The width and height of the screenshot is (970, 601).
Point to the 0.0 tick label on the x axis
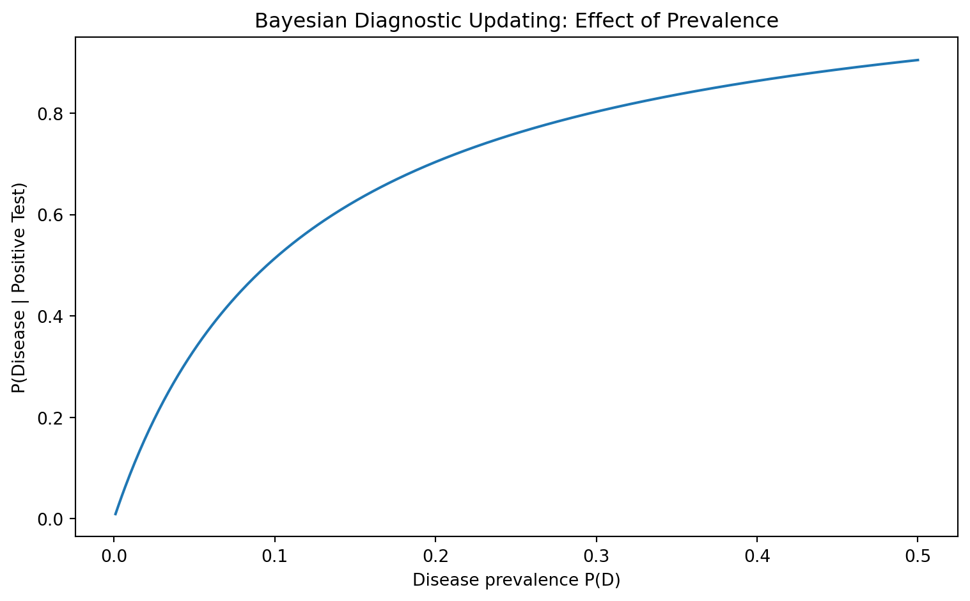pyautogui.click(x=114, y=556)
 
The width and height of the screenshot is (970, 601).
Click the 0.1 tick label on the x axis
pyautogui.click(x=274, y=556)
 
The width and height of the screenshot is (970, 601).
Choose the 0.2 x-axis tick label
pyautogui.click(x=435, y=556)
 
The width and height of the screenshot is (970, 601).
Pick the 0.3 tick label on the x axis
pyautogui.click(x=597, y=556)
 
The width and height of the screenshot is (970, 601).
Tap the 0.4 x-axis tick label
pyautogui.click(x=757, y=556)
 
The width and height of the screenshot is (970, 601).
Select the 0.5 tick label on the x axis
pyautogui.click(x=917, y=556)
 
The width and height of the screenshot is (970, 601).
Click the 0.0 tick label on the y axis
pyautogui.click(x=51, y=519)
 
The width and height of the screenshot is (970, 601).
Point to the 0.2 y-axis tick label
pyautogui.click(x=51, y=418)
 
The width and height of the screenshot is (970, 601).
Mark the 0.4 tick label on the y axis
pyautogui.click(x=51, y=316)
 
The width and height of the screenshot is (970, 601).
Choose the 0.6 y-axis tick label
pyautogui.click(x=51, y=215)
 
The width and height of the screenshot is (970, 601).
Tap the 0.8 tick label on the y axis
pyautogui.click(x=51, y=114)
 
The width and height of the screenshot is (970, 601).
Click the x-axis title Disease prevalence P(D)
pyautogui.click(x=516, y=581)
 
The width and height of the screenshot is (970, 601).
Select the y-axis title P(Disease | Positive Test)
pyautogui.click(x=19, y=288)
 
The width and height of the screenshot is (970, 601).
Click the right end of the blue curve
pyautogui.click(x=918, y=59)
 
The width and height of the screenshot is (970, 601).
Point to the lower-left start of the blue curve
pyautogui.click(x=115, y=515)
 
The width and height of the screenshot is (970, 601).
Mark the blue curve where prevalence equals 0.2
pyautogui.click(x=435, y=162)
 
